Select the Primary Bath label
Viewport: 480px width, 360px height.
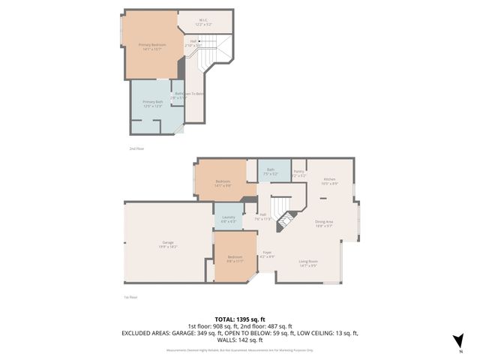153,103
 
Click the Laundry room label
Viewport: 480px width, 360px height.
229,219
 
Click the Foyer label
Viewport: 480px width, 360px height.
266,254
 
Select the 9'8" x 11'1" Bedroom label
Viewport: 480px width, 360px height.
234,259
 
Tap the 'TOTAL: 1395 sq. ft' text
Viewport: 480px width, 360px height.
240,319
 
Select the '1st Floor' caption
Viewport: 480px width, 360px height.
130,298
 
